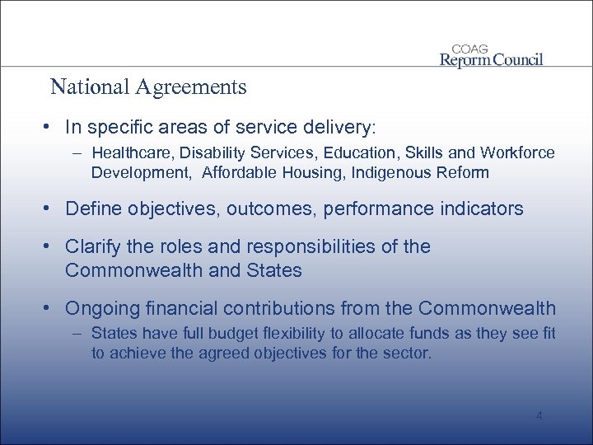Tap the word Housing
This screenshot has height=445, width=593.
pyautogui.click(x=319, y=172)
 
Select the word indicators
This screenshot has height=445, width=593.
pyautogui.click(x=482, y=209)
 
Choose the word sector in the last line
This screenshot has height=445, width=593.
pyautogui.click(x=407, y=353)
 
